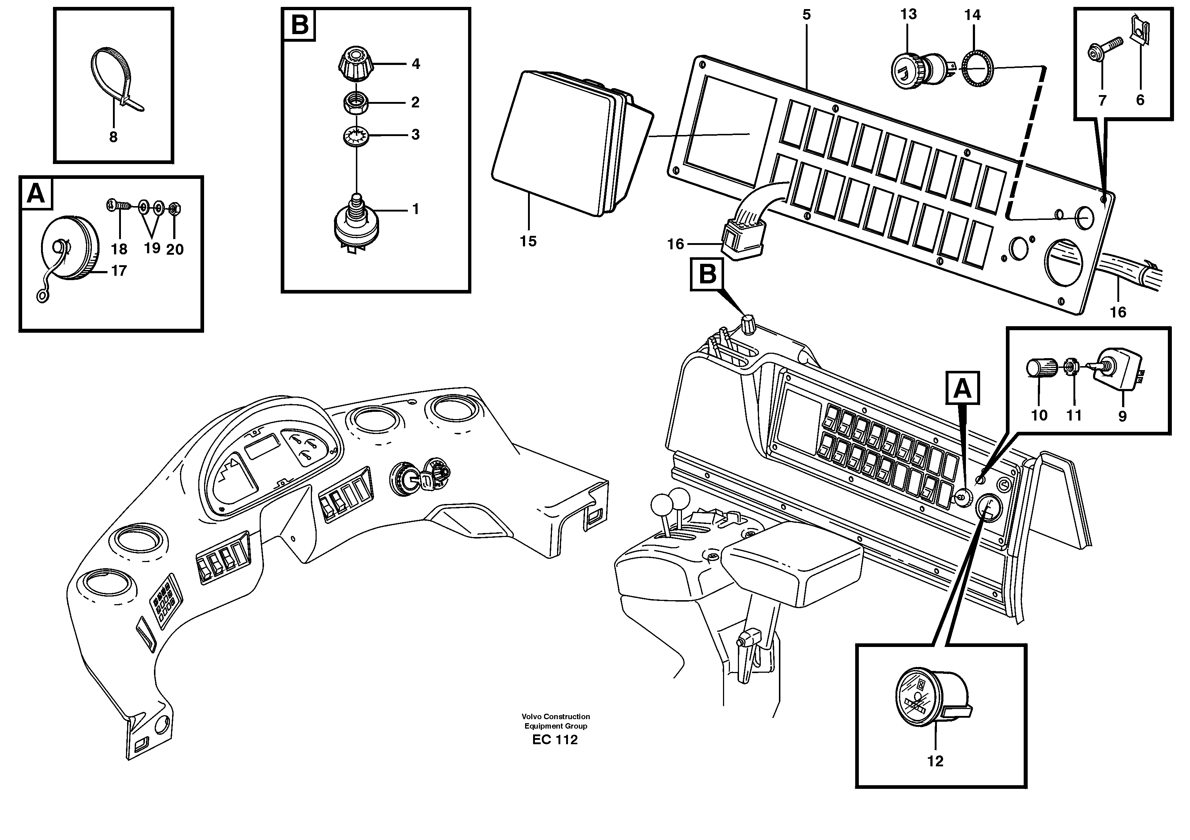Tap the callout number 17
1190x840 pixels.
(x=119, y=271)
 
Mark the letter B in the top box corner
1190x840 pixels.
(x=300, y=24)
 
